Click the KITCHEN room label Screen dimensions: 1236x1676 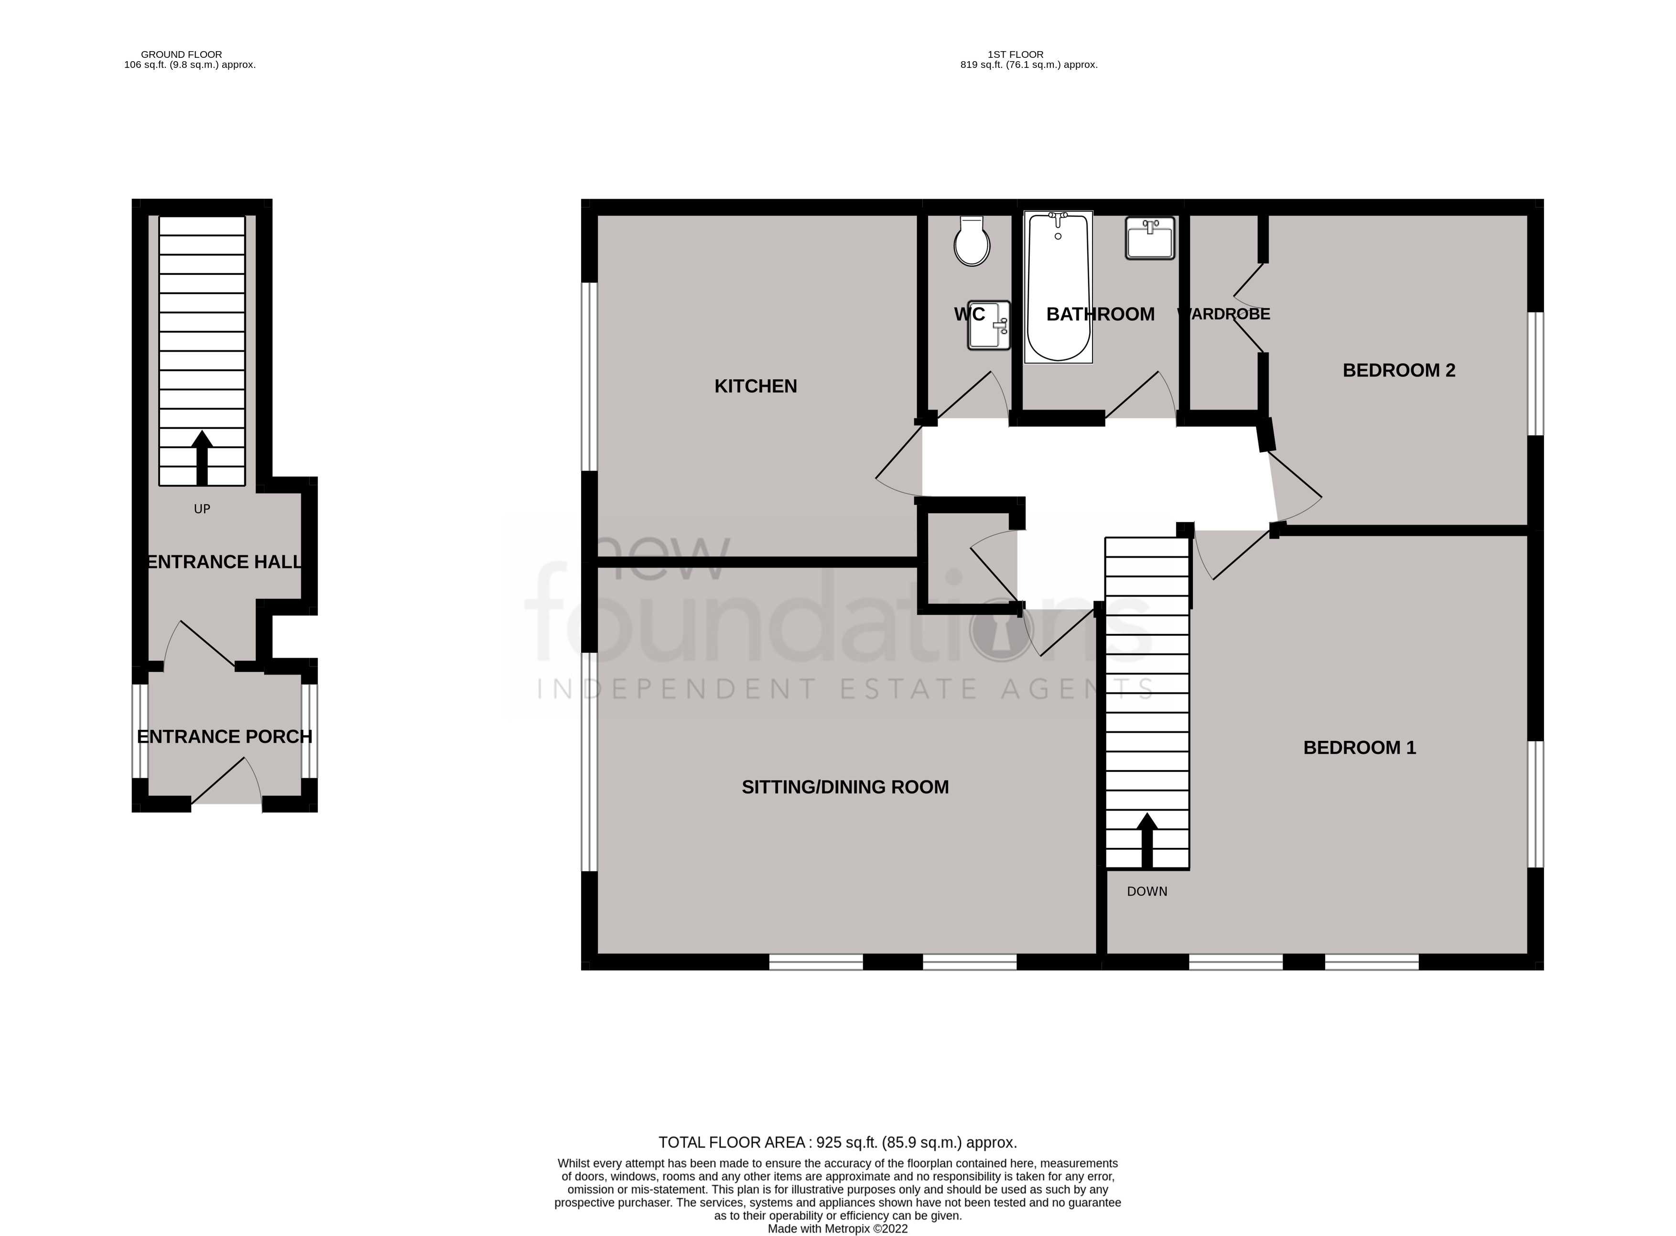756,386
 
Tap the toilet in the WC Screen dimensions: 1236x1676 972,242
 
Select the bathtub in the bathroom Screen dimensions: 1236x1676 1058,288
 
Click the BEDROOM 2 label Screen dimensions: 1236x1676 1398,370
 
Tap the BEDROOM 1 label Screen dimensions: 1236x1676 1359,748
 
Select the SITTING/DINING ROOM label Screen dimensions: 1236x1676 845,787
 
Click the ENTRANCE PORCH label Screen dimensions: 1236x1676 224,737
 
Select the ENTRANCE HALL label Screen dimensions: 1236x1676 224,562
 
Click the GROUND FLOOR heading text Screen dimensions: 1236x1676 182,54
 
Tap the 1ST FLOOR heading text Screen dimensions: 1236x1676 1015,54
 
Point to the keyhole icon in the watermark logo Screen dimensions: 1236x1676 1002,630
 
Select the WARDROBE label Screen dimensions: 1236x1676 1224,314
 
